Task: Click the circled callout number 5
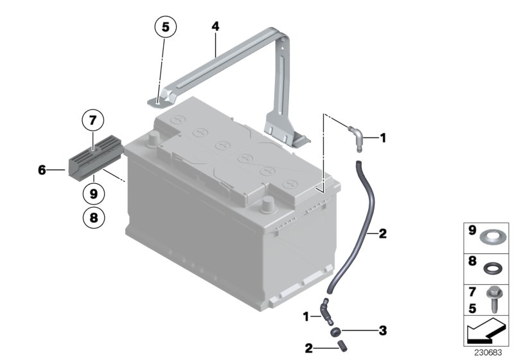coord(165,28)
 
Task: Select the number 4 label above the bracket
coord(215,26)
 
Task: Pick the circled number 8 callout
coord(93,217)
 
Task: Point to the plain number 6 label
coord(42,170)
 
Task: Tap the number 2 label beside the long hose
coord(382,233)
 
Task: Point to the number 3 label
coord(382,331)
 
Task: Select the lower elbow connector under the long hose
coord(327,311)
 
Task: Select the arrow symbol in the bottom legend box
coord(488,333)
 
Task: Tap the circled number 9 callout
coord(93,192)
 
